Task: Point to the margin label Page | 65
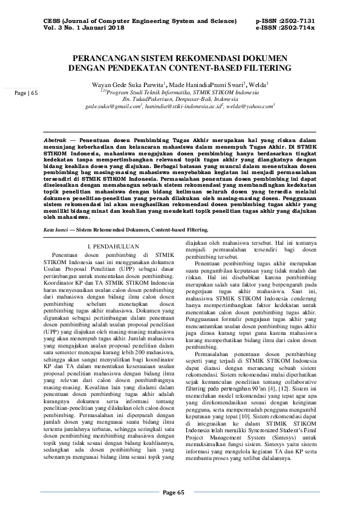click(26, 93)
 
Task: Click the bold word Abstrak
click(56, 139)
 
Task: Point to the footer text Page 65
click(180, 493)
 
